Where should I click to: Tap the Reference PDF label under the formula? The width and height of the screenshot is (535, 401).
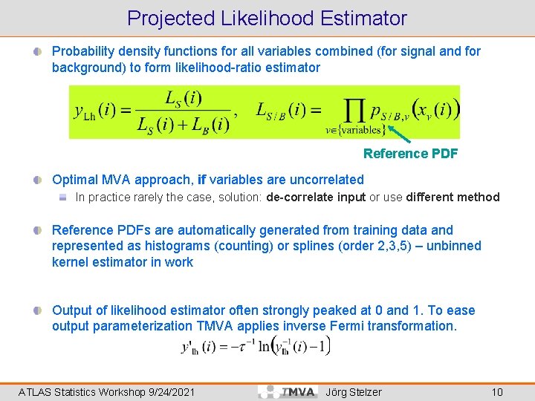(410, 154)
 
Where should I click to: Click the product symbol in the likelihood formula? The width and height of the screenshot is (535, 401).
(357, 111)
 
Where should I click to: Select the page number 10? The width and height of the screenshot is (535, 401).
(497, 391)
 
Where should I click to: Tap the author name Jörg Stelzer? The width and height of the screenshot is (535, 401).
(354, 391)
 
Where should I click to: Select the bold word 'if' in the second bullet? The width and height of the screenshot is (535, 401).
(202, 180)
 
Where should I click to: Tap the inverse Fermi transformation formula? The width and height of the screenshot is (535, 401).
(256, 346)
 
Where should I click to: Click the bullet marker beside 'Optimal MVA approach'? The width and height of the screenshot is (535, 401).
(37, 180)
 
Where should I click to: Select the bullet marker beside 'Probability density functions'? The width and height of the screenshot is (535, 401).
(37, 52)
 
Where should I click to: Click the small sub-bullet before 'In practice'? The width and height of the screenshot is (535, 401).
(65, 198)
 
